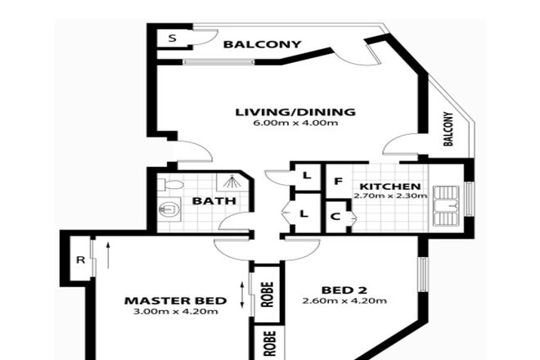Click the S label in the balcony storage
click(x=172, y=38)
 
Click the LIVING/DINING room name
click(x=295, y=112)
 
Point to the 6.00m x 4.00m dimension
click(x=295, y=124)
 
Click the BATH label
click(x=215, y=201)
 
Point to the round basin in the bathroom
click(x=169, y=210)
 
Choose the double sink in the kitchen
click(x=446, y=205)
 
